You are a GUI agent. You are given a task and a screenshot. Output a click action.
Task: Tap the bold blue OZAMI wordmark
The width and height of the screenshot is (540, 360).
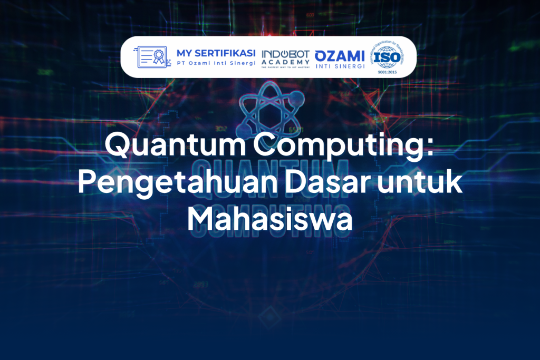[x=340, y=55]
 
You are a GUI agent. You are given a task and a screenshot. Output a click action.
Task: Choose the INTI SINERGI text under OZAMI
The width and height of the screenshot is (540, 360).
[x=340, y=65]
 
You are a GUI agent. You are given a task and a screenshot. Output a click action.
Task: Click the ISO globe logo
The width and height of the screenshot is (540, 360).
[x=389, y=56]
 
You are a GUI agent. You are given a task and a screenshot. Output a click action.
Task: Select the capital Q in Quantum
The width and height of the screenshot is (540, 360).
[x=119, y=145]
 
